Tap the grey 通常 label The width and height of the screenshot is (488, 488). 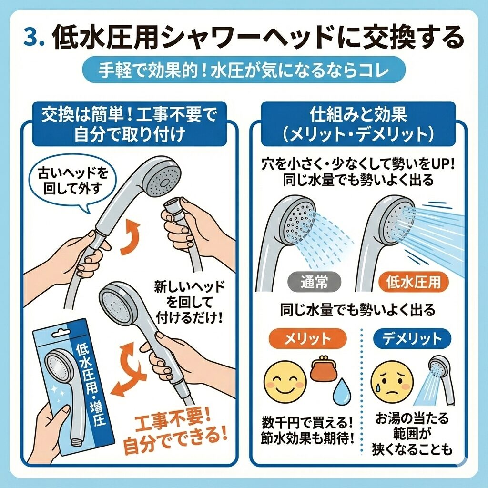click(x=314, y=282)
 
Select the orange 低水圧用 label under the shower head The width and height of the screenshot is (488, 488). click(x=414, y=282)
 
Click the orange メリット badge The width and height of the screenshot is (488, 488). click(x=307, y=339)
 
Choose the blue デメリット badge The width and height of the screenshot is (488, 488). click(x=412, y=339)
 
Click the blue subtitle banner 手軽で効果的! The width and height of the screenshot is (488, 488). click(x=244, y=71)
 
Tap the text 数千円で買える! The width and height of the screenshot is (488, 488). click(x=307, y=423)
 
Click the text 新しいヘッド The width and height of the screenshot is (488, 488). click(x=190, y=287)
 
